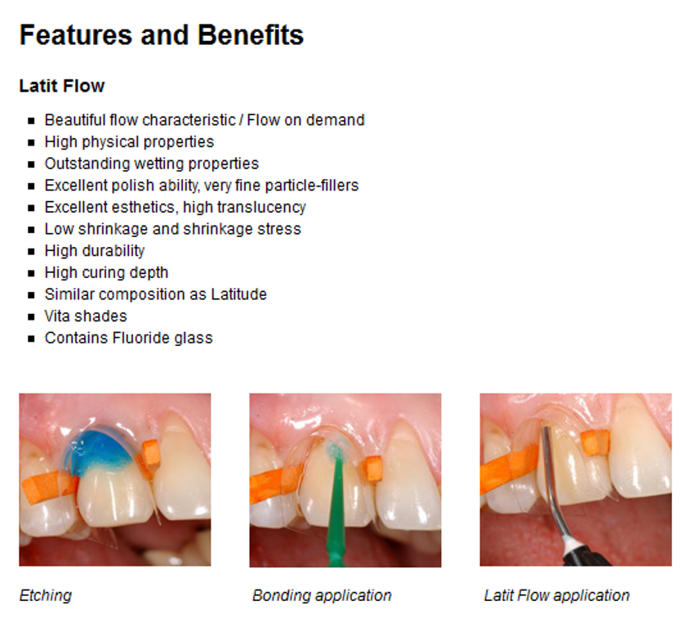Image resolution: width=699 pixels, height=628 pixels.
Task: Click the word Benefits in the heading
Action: click(251, 35)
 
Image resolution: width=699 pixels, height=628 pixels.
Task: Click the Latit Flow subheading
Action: click(62, 86)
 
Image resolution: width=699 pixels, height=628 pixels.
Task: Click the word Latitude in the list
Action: click(238, 294)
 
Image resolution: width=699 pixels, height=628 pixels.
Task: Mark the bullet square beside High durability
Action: click(31, 252)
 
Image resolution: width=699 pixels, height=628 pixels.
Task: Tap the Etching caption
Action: click(46, 595)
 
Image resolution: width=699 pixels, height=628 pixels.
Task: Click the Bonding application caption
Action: click(322, 595)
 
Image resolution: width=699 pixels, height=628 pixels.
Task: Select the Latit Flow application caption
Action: click(557, 595)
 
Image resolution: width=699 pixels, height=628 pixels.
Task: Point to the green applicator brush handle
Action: click(337, 514)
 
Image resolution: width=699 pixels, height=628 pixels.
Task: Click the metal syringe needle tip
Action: click(545, 429)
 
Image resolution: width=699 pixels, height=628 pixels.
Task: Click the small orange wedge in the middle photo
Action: click(373, 469)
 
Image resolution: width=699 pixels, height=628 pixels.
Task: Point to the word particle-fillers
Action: click(312, 186)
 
